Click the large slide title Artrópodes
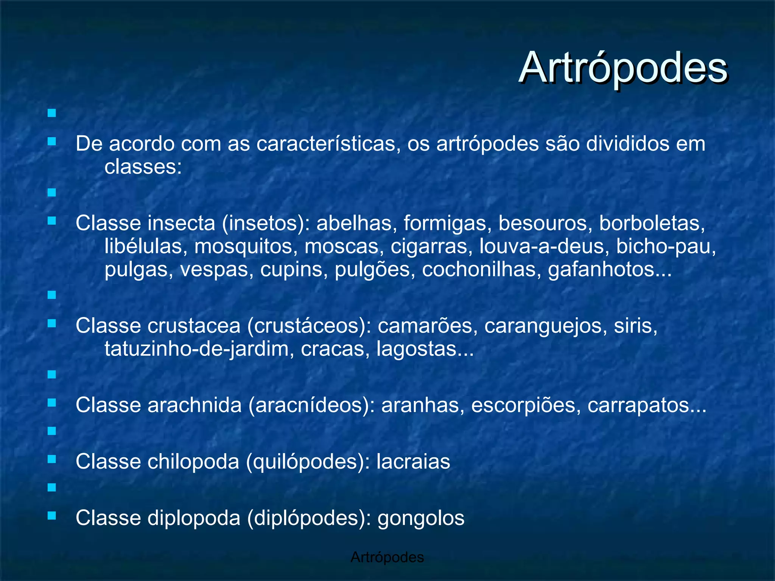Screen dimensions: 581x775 click(x=622, y=68)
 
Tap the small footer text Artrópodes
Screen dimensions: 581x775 click(x=387, y=557)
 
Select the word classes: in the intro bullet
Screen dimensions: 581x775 click(x=143, y=167)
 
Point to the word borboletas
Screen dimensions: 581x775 click(x=652, y=223)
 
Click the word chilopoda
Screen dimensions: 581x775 click(x=193, y=461)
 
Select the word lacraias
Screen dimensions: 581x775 click(x=413, y=461)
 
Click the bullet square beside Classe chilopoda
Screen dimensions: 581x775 click(x=52, y=459)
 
